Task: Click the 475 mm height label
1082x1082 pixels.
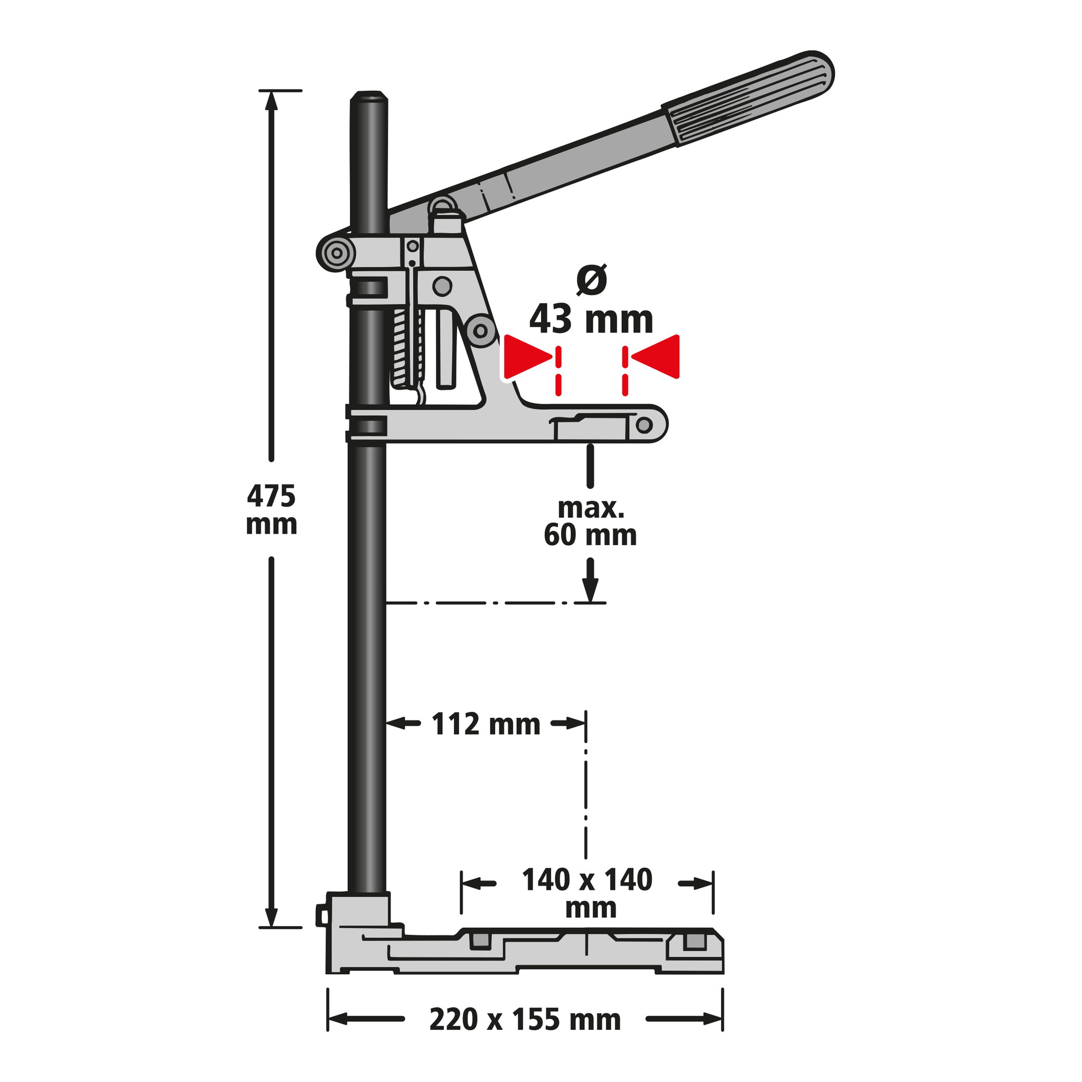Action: click(x=271, y=510)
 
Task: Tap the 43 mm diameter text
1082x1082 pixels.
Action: click(x=591, y=320)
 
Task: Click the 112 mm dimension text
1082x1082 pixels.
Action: click(x=486, y=724)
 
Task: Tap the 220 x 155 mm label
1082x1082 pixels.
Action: click(x=525, y=1019)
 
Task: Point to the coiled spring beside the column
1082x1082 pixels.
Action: click(x=401, y=347)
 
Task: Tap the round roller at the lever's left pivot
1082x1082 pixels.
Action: click(x=337, y=253)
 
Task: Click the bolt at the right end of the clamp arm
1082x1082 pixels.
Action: click(x=644, y=425)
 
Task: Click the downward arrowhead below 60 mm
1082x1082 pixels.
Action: click(x=590, y=590)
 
